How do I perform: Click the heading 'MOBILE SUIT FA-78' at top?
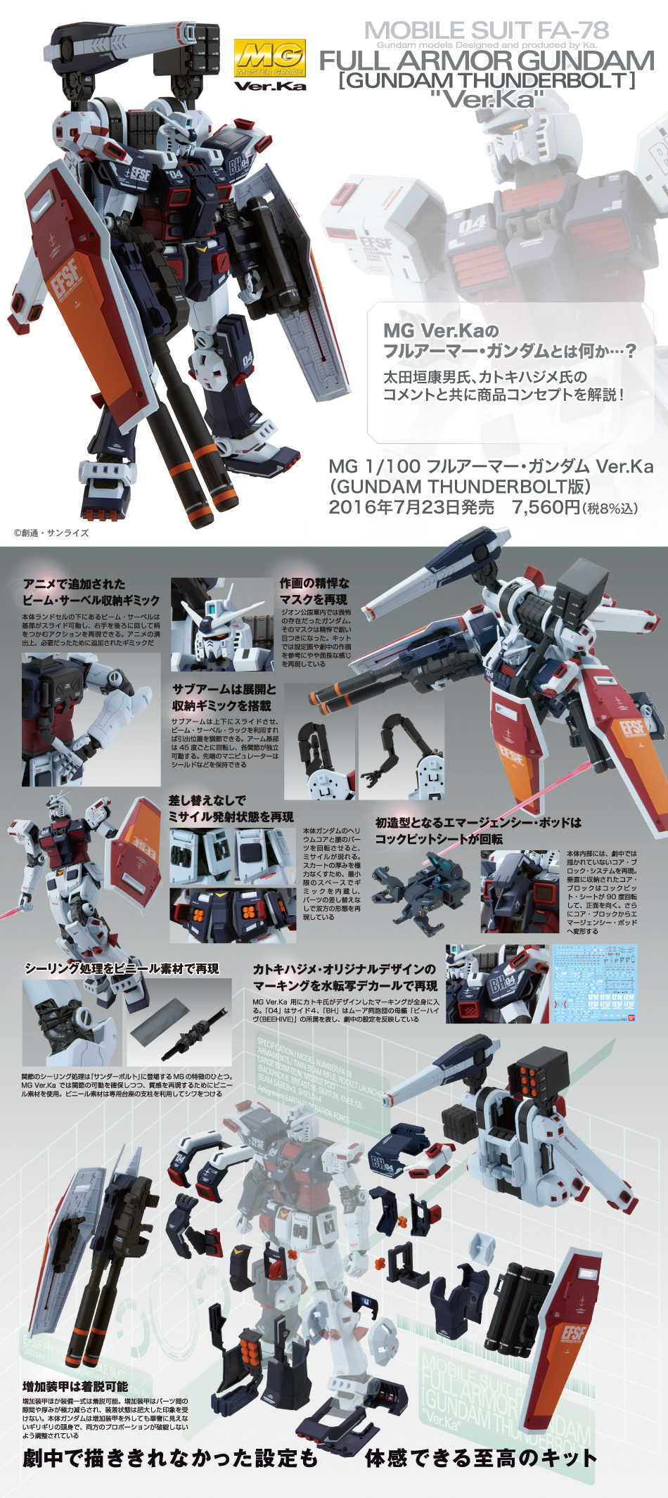486,30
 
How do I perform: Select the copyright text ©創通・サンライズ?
51,532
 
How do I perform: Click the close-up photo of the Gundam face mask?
221,625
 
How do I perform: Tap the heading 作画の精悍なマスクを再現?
314,591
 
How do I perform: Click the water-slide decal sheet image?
594,983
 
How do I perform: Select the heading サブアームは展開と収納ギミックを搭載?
224,697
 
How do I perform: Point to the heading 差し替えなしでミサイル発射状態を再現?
231,808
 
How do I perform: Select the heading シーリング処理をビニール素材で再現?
122,969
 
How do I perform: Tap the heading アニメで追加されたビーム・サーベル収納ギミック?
91,592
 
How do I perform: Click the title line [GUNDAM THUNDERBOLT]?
487,80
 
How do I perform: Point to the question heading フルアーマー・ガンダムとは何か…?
509,350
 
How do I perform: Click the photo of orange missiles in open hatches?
232,915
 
